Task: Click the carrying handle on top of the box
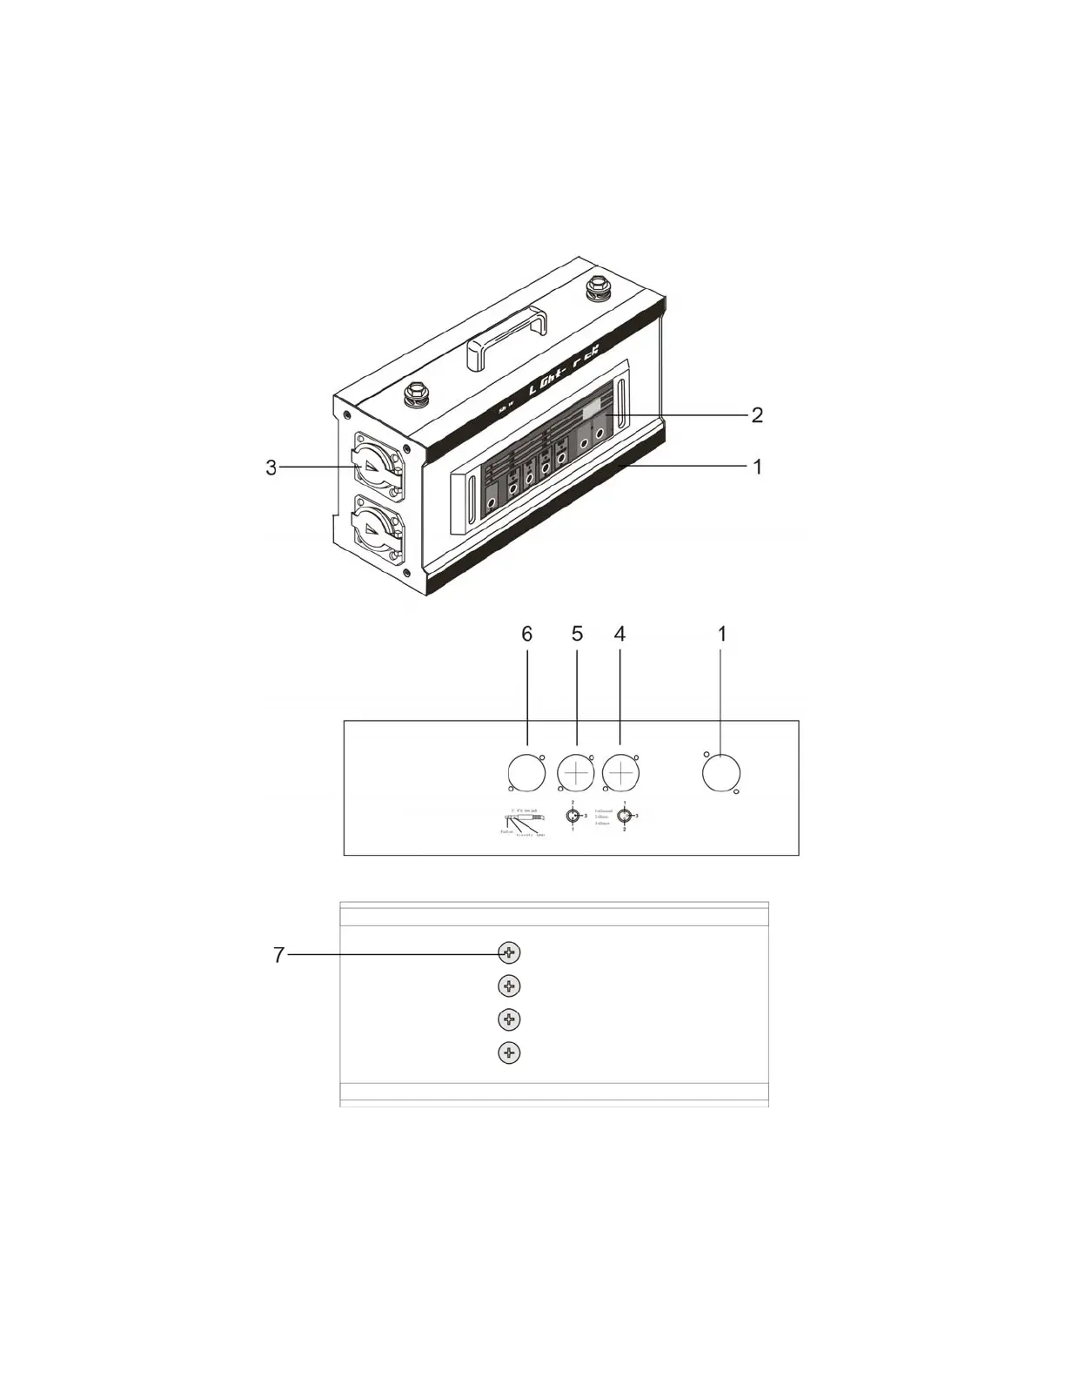pos(506,339)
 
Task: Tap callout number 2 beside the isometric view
pos(757,415)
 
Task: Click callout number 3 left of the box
pos(271,468)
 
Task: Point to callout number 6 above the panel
pos(526,635)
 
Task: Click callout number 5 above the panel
pos(577,635)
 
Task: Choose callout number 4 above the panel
pos(620,635)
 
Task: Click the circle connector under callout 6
pos(526,773)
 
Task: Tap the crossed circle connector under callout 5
pos(576,773)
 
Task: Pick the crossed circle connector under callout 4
pos(620,773)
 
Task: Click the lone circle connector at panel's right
pos(721,773)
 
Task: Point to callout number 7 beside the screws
pos(278,955)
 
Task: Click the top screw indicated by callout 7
pos(509,952)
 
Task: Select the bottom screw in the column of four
pos(509,1053)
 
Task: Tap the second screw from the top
pos(509,985)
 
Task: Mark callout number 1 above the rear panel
pos(721,635)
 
